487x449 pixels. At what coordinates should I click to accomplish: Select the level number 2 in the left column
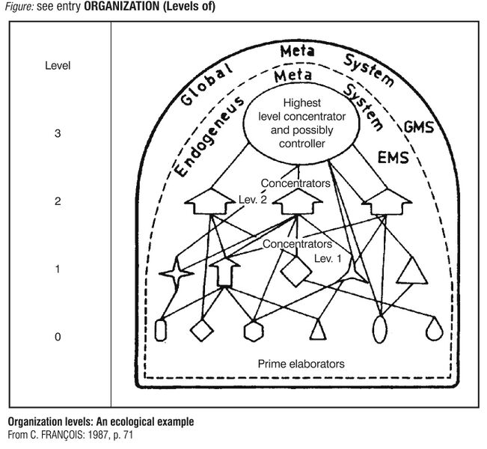tap(58, 201)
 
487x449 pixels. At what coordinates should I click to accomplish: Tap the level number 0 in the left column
tap(58, 337)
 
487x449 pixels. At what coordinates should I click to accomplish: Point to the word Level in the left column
tap(58, 66)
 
